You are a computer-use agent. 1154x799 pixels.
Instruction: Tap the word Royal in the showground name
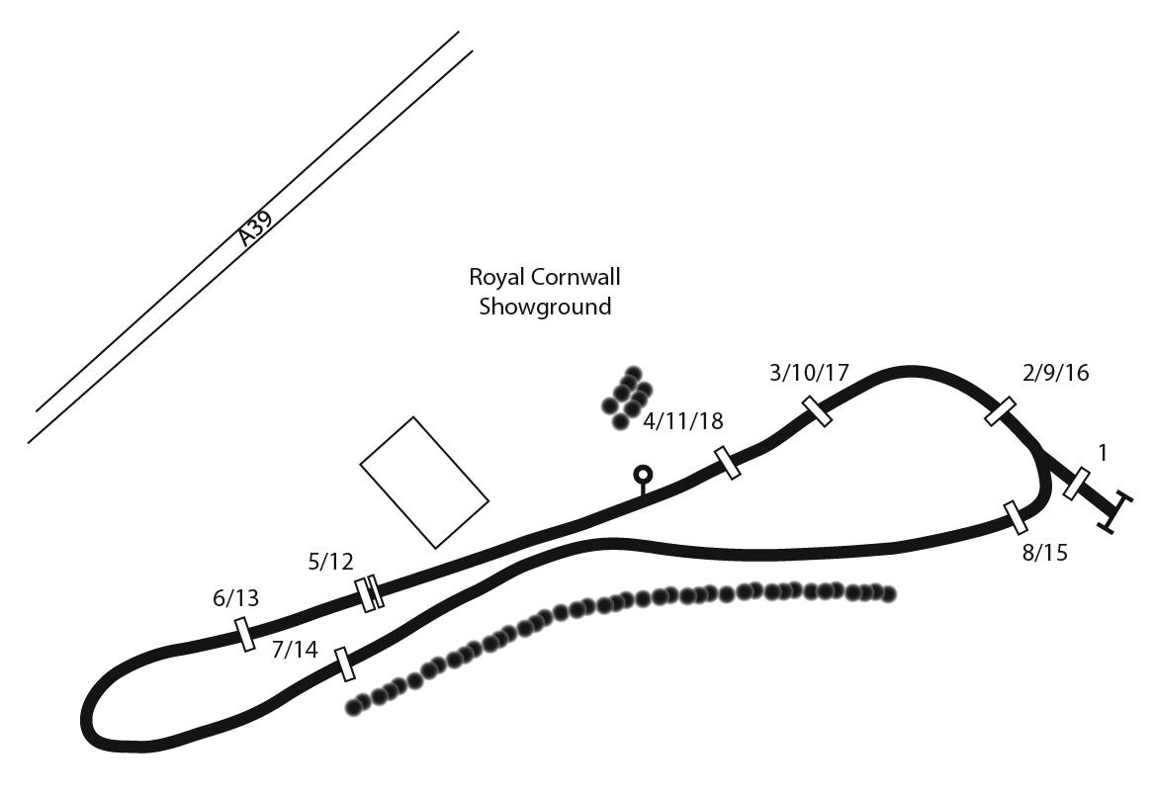tap(493, 277)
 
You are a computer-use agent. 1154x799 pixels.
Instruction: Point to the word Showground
tap(545, 307)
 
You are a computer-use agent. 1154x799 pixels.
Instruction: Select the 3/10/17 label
tap(809, 373)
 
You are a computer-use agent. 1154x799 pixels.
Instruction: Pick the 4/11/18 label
tap(683, 421)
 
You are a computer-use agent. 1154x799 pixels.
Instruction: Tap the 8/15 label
tap(1044, 552)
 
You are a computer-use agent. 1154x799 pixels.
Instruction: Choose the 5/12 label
tap(330, 562)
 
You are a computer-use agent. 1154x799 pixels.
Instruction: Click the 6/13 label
tap(235, 597)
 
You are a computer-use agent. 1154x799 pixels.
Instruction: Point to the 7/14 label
tap(295, 650)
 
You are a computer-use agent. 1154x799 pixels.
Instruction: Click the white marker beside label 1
tap(1077, 484)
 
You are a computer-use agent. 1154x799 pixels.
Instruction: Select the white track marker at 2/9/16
tap(1001, 411)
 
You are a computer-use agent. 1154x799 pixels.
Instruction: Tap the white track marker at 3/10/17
tap(817, 410)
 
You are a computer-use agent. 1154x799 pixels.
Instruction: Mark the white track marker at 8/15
tap(1016, 517)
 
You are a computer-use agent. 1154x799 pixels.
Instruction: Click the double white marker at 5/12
tap(370, 593)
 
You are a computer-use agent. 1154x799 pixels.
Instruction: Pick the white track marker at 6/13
tap(244, 634)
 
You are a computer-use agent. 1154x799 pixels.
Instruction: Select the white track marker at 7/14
tap(345, 665)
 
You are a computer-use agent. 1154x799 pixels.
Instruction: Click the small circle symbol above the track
tap(644, 475)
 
